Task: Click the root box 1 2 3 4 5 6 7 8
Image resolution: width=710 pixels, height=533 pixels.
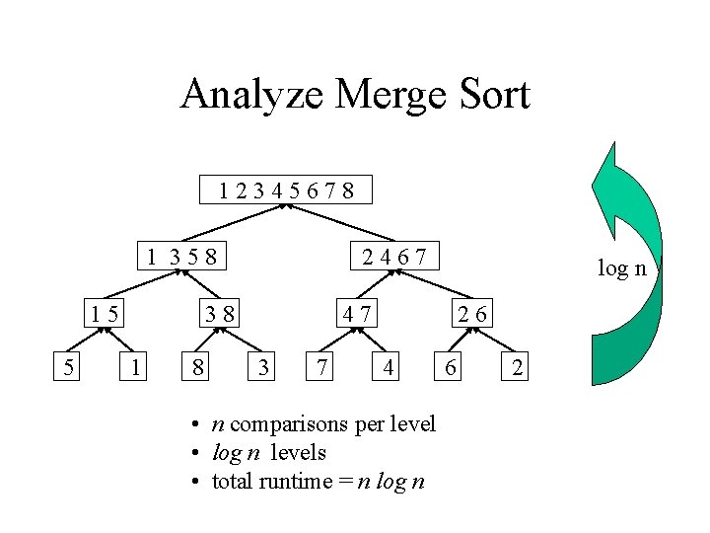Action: [287, 190]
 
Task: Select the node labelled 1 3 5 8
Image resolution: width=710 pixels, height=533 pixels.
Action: [180, 258]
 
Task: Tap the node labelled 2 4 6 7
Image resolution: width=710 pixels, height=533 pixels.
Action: [394, 258]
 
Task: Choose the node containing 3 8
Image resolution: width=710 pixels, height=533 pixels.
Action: [218, 314]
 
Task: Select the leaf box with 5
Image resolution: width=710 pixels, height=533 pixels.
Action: [67, 369]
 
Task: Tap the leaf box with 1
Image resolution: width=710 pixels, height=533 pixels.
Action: [134, 369]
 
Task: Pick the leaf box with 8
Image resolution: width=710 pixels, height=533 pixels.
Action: [199, 369]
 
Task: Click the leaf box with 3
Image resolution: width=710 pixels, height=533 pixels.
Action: [263, 369]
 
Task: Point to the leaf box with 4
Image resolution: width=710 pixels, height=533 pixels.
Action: [390, 369]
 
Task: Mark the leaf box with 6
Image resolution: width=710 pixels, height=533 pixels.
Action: [450, 369]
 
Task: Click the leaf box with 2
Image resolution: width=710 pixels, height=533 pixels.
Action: [519, 369]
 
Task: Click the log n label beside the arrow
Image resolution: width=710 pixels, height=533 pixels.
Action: [622, 267]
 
